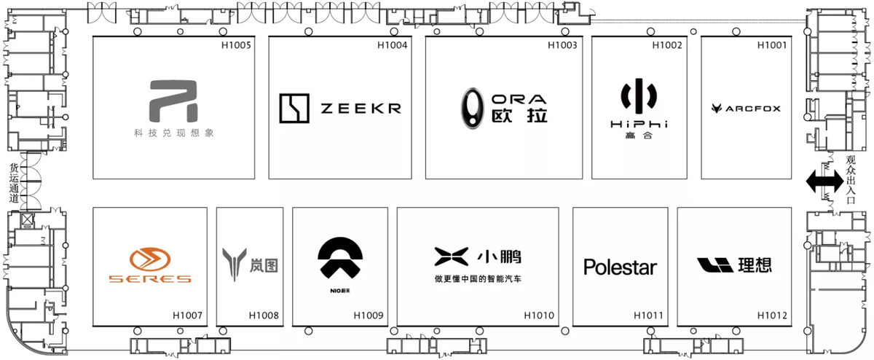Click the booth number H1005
236,46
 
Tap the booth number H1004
392,46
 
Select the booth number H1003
562,46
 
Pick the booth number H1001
772,46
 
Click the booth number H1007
187,316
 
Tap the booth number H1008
263,316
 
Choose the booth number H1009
368,316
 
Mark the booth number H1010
539,316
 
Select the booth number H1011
647,316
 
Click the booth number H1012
772,316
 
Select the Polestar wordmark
620,267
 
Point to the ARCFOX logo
746,109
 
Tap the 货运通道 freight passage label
14,182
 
